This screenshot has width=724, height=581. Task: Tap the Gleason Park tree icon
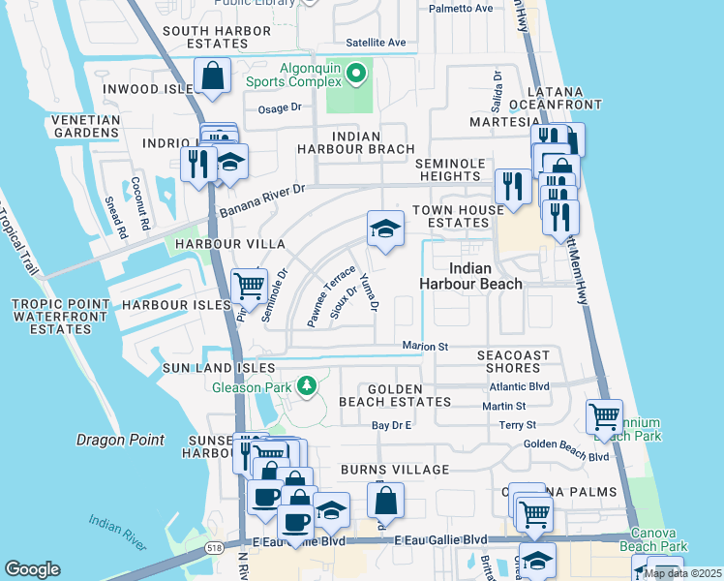pos(307,387)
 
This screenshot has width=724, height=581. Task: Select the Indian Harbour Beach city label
pos(470,275)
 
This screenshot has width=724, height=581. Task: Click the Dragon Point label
pos(120,440)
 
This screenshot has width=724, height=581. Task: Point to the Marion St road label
pos(426,347)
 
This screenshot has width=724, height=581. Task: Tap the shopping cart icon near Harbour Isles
pos(249,285)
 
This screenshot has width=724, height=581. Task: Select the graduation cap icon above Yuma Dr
pos(385,229)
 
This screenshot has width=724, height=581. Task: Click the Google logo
pos(32,568)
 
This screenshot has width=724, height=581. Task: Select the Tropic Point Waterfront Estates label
pos(51,316)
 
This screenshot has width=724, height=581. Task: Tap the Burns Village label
pos(394,469)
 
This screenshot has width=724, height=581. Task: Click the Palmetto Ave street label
pos(460,9)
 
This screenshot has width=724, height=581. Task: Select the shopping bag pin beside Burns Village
pos(385,501)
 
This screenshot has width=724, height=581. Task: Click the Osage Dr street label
pos(280,108)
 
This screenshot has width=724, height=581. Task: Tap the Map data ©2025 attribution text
pos(681,573)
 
